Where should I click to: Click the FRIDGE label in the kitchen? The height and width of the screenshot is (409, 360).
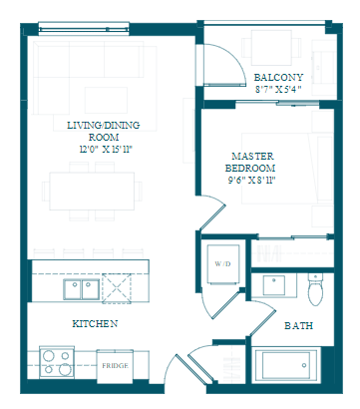click(115, 366)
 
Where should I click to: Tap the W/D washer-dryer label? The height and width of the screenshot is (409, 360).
click(222, 264)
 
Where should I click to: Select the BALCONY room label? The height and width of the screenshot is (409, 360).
click(278, 78)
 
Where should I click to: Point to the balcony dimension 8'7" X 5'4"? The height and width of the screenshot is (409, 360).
click(278, 90)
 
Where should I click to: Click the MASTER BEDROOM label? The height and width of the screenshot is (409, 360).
click(250, 162)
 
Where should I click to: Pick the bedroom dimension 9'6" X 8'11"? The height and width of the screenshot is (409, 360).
click(252, 181)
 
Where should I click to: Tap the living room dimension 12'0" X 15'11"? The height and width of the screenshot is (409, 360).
click(106, 150)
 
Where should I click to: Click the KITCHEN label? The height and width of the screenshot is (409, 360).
click(95, 323)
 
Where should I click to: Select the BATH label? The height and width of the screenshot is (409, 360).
click(299, 325)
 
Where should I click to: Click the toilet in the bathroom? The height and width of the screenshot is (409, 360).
click(315, 289)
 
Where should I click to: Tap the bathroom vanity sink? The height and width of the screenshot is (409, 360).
click(274, 285)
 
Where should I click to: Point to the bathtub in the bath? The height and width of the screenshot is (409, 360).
click(286, 365)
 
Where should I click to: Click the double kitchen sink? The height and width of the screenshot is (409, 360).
click(82, 289)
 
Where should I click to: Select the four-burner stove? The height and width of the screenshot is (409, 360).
click(57, 362)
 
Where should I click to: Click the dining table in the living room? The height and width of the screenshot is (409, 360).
click(92, 192)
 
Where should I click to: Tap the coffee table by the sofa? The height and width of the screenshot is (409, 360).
click(106, 100)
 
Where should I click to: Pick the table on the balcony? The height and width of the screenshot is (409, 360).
click(271, 48)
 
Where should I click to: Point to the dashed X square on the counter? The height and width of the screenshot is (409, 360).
click(117, 288)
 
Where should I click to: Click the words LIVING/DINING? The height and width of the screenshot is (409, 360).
click(104, 126)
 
